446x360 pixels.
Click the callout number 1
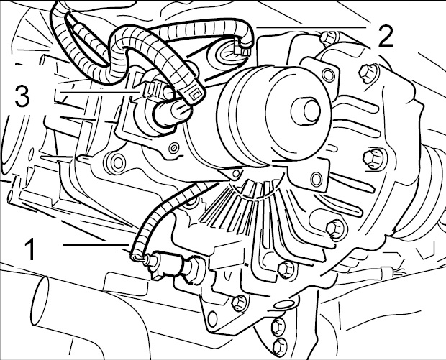click(29, 250)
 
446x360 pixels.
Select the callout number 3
click(22, 96)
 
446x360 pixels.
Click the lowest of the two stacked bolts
click(278, 344)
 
